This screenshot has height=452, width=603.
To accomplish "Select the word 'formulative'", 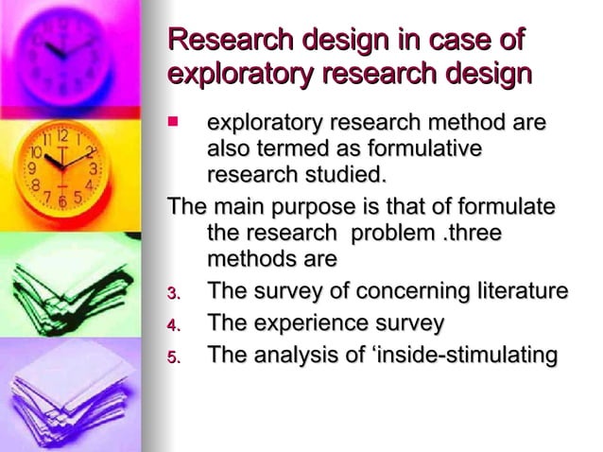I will click(424, 149).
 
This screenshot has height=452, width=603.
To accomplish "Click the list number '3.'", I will click(174, 293).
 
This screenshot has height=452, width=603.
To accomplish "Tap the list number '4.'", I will click(174, 325).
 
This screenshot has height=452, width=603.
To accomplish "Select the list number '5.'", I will click(174, 357).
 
